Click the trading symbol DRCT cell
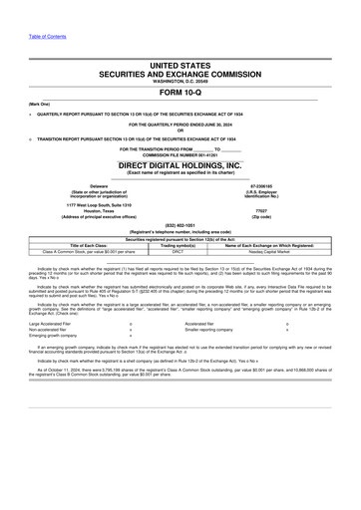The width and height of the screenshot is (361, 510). (179, 252)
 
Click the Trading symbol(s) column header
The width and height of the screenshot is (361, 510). (179, 246)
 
